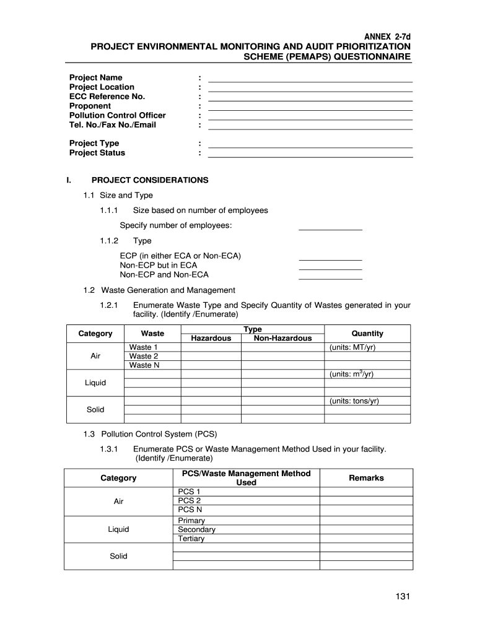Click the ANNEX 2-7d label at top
(387, 37)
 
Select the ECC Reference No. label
(107, 97)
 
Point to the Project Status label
(97, 153)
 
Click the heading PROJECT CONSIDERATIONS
(150, 180)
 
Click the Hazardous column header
(211, 338)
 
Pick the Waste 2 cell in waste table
(143, 357)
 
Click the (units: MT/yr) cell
(352, 347)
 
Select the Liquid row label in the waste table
(95, 383)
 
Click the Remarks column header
(366, 478)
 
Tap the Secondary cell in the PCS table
(196, 530)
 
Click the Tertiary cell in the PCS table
(191, 539)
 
